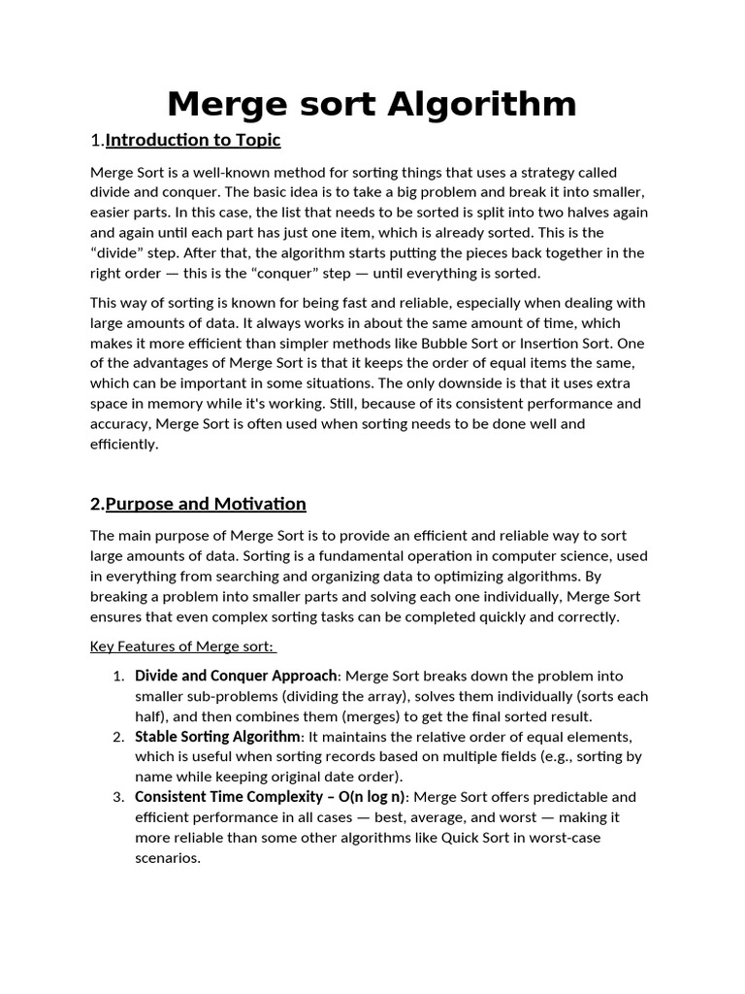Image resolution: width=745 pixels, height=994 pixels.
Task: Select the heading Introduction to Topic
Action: click(193, 140)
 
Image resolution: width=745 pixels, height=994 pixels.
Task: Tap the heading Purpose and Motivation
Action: click(206, 504)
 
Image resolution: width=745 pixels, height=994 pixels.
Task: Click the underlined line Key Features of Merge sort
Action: click(182, 646)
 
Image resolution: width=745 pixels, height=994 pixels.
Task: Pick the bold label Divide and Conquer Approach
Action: click(236, 676)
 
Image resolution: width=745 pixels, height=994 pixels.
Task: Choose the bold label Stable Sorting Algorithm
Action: click(218, 736)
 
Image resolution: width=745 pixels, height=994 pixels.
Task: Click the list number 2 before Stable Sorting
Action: click(117, 737)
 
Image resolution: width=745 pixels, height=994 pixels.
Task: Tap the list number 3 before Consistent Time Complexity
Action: click(117, 797)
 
